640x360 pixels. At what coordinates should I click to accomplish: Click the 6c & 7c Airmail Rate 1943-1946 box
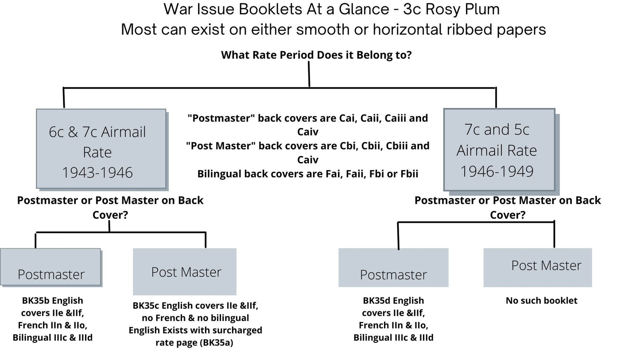coord(101,149)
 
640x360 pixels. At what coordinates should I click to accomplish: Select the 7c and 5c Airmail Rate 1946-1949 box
coord(499,150)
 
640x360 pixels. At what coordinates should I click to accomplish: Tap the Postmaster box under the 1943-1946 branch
coord(50,267)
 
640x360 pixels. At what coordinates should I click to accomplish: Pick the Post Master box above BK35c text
coord(185,271)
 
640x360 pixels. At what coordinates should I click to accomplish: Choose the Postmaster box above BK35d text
coord(393,268)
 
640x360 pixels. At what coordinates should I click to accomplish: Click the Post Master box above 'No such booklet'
coord(537,267)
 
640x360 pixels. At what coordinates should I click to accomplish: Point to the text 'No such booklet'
coord(541,301)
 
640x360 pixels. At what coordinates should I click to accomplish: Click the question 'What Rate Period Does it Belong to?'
coord(316,55)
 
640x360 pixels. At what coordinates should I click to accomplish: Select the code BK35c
coord(145,306)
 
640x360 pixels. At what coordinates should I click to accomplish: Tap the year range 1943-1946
coord(97,173)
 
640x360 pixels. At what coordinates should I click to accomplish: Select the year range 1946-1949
coord(496,171)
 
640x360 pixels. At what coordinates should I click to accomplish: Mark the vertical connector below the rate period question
coord(309,74)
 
